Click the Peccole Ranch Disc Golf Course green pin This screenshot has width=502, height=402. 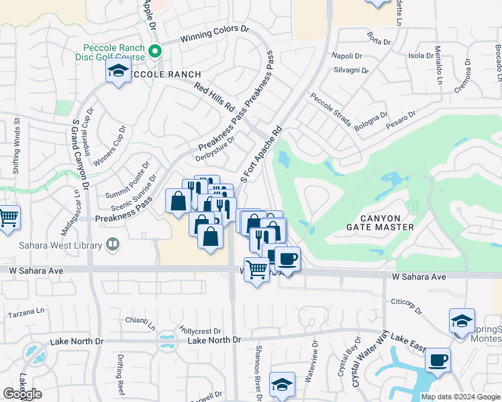click(x=156, y=51)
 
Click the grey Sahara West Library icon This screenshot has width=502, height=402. click(x=111, y=245)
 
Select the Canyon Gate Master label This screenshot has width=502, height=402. click(x=389, y=222)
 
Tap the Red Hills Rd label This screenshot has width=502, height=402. click(x=214, y=96)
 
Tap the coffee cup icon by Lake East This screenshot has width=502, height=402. click(x=438, y=359)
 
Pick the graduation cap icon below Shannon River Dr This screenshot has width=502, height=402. click(x=282, y=384)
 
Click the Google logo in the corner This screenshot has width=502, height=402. click(x=22, y=394)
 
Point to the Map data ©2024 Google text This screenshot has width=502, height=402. click(x=460, y=397)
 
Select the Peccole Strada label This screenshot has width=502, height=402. click(x=331, y=109)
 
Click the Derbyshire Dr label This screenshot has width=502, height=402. click(x=215, y=149)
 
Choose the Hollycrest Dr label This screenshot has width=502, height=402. click(x=201, y=331)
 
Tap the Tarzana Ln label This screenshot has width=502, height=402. click(x=26, y=313)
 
